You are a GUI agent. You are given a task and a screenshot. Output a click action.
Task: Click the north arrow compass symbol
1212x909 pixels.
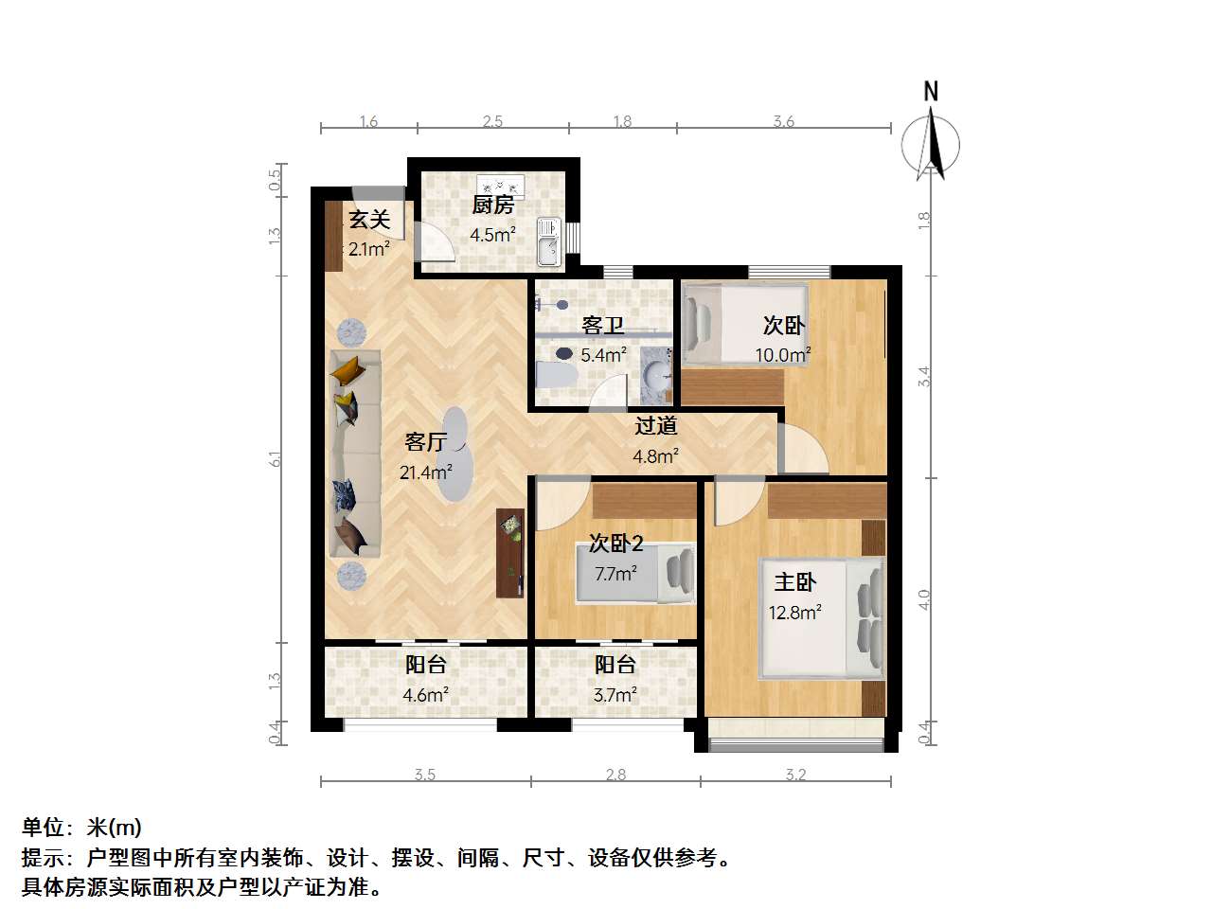(x=932, y=143)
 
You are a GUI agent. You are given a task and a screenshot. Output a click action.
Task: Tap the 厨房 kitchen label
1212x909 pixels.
(x=492, y=205)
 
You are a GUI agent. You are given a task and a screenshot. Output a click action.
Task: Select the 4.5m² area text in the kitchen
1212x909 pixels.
(x=492, y=235)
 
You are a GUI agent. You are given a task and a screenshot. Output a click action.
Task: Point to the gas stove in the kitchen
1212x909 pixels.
(x=501, y=184)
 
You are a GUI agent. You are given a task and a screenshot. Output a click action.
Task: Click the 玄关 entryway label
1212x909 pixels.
(x=369, y=220)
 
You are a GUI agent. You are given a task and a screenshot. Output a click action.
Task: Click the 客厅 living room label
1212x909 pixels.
(x=425, y=442)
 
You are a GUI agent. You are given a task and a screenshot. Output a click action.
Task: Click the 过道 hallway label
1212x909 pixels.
(x=655, y=426)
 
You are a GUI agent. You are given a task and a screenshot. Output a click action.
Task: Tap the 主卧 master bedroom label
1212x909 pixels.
(x=794, y=581)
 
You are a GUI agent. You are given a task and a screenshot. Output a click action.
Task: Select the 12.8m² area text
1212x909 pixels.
(x=794, y=613)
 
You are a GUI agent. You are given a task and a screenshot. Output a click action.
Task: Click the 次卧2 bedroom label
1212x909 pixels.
(x=615, y=543)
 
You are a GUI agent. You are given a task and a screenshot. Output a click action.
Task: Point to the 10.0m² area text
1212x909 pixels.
(x=782, y=356)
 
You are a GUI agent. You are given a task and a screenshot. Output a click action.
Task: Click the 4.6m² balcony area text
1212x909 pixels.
(x=425, y=695)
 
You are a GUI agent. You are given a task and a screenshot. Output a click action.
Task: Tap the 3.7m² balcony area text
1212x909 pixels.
(x=615, y=695)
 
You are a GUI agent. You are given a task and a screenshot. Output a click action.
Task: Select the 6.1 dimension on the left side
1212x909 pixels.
(x=276, y=458)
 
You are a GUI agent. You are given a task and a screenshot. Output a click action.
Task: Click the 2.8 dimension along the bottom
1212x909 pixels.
(x=615, y=775)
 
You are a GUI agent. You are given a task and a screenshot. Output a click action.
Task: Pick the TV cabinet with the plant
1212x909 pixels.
(x=509, y=553)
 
